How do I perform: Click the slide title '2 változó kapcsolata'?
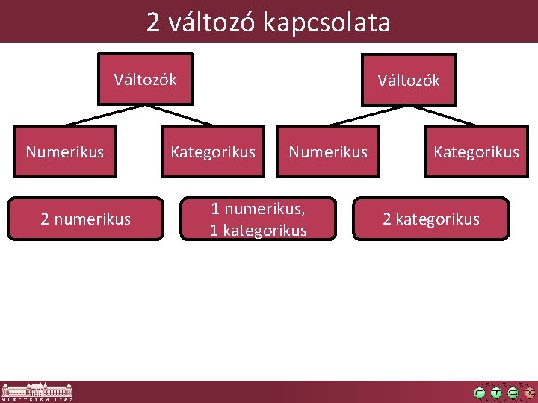[268, 22]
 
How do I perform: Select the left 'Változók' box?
[145, 78]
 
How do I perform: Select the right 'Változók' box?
[408, 80]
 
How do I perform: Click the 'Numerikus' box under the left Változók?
[65, 152]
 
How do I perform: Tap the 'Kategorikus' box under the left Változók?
[213, 152]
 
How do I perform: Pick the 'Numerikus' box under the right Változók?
[328, 152]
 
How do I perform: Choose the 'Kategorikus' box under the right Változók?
[476, 152]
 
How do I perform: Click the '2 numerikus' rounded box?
[85, 219]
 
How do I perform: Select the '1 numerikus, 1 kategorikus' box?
[258, 219]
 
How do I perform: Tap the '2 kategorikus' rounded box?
[430, 219]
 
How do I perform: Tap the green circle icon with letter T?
[496, 393]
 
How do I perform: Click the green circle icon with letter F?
[480, 393]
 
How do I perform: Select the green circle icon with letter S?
[513, 393]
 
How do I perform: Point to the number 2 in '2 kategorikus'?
[387, 219]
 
